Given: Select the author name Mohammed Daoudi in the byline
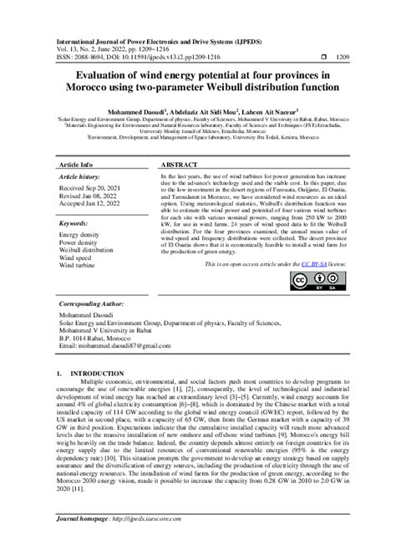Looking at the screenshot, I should [131, 109].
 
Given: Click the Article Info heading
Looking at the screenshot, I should [76, 166].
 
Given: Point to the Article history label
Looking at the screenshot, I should [80, 178].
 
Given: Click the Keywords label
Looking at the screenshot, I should [74, 224].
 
